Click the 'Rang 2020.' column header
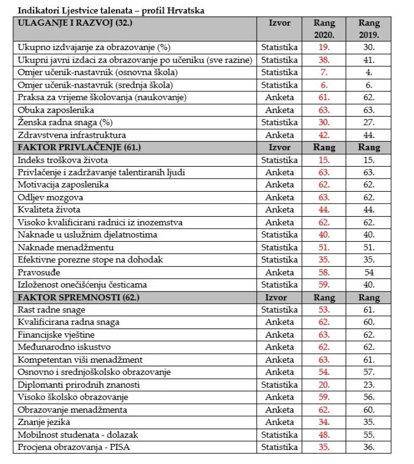[325, 29]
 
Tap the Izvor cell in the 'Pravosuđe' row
[279, 272]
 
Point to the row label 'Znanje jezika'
[44, 422]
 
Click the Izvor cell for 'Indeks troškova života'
[279, 160]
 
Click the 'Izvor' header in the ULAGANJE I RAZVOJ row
[279, 23]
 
